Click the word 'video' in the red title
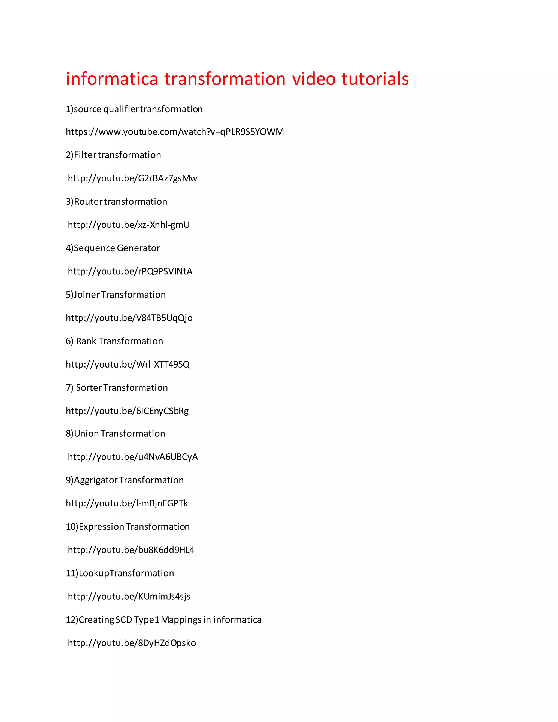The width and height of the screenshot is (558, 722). pyautogui.click(x=313, y=79)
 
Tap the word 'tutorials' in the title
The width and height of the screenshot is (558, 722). pyautogui.click(x=375, y=79)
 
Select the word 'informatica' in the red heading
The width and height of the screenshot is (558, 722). pyautogui.click(x=112, y=79)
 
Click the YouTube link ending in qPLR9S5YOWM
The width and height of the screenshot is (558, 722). pyautogui.click(x=175, y=132)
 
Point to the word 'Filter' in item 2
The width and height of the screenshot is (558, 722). pyautogui.click(x=85, y=155)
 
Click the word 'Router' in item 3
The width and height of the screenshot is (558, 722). pyautogui.click(x=88, y=202)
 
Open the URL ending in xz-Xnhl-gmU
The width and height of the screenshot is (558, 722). pyautogui.click(x=129, y=225)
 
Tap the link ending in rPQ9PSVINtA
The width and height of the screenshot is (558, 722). pyautogui.click(x=130, y=271)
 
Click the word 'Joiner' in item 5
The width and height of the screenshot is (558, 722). pyautogui.click(x=87, y=295)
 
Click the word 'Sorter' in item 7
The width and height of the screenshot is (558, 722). pyautogui.click(x=89, y=388)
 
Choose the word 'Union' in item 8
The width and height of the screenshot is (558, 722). pyautogui.click(x=86, y=434)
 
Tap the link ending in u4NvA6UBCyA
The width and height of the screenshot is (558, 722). pyautogui.click(x=133, y=457)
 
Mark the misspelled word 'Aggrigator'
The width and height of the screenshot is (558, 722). pyautogui.click(x=96, y=480)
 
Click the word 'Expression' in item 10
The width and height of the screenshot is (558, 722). pyautogui.click(x=101, y=527)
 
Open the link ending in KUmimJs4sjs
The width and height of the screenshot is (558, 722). pyautogui.click(x=129, y=596)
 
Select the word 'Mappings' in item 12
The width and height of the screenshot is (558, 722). pyautogui.click(x=181, y=620)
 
